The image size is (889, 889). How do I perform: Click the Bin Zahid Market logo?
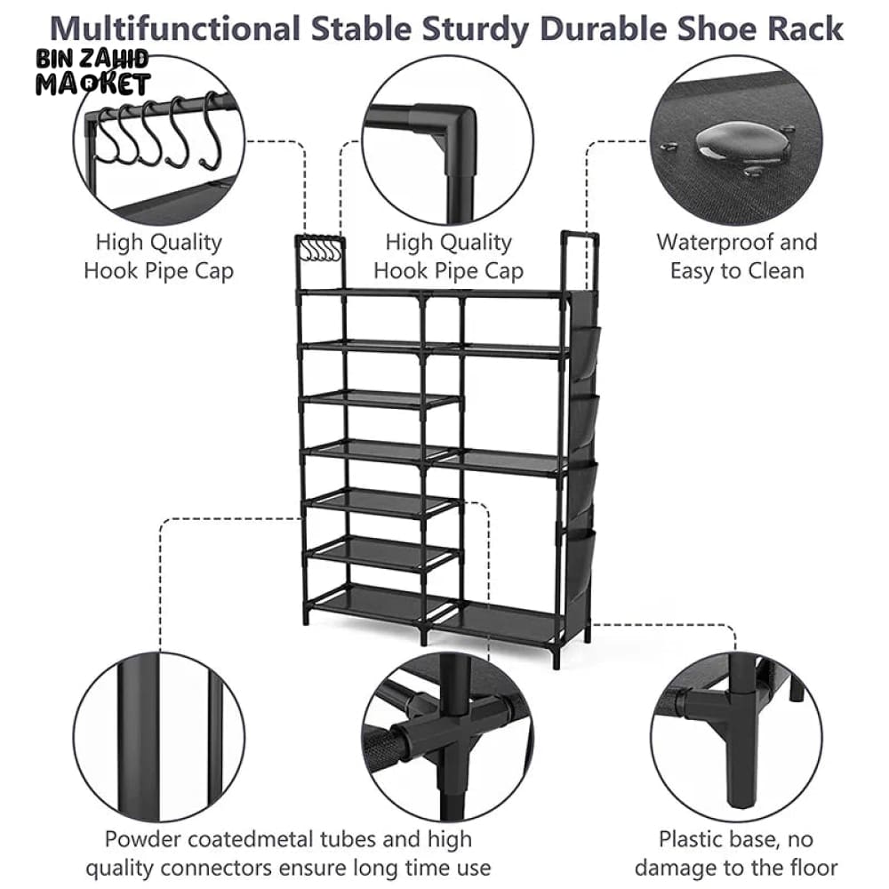pyautogui.click(x=92, y=73)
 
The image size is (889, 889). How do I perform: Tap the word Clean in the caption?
pyautogui.click(x=770, y=270)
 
